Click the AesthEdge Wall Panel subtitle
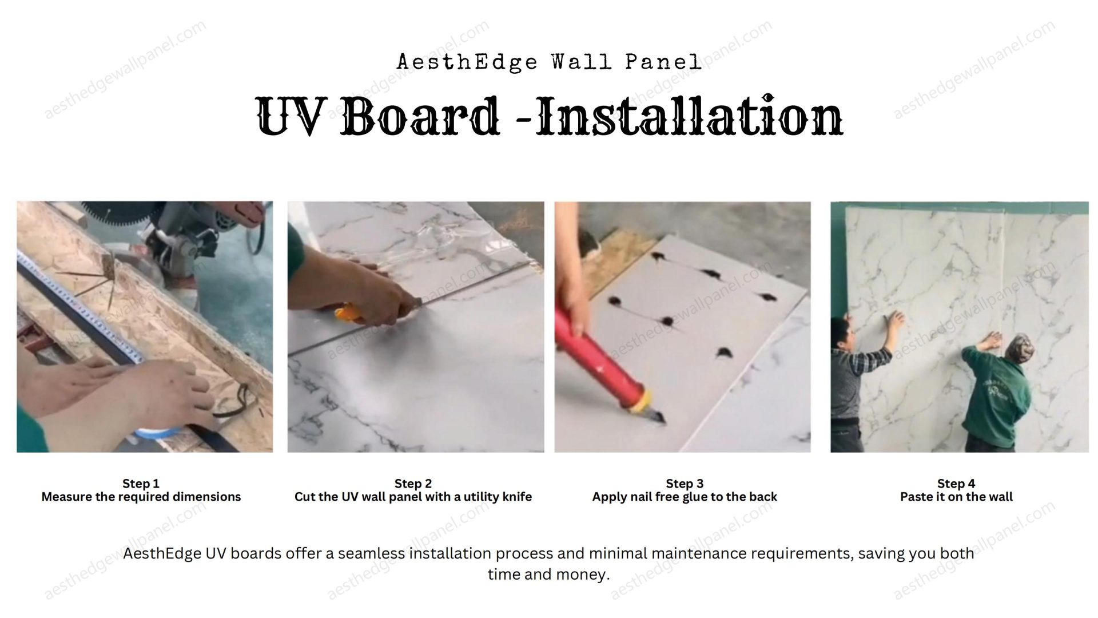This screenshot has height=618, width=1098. [549, 62]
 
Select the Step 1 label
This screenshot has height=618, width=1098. [141, 484]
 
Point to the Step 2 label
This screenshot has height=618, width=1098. [413, 484]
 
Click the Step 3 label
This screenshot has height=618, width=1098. [685, 484]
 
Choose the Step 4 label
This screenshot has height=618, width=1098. [956, 484]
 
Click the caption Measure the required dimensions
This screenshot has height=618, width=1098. [141, 497]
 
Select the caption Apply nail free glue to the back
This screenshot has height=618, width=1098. [685, 497]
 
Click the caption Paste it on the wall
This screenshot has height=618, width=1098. [956, 497]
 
